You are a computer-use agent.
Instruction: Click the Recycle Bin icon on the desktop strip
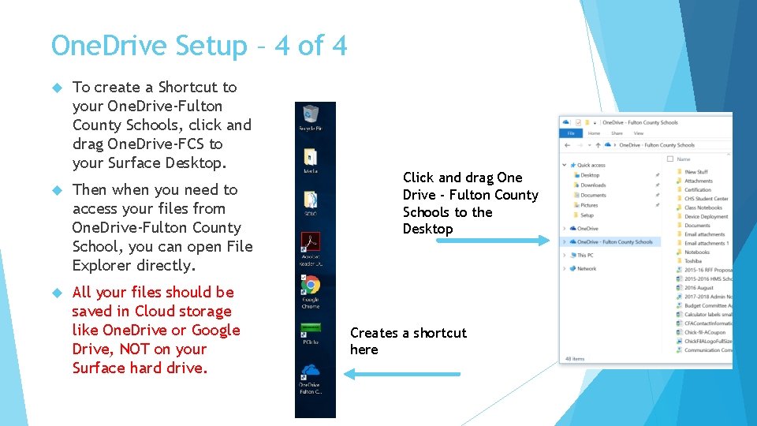[310, 115]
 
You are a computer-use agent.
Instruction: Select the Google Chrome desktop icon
[311, 286]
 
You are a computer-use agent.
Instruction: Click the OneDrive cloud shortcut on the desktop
[310, 372]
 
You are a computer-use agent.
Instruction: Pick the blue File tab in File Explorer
[569, 133]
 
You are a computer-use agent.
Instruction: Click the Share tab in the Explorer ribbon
[617, 133]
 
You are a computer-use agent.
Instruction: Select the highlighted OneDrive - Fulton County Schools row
[615, 242]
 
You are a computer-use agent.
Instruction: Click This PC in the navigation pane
[585, 256]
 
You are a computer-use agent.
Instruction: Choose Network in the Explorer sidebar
[587, 269]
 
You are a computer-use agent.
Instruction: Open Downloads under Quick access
[592, 185]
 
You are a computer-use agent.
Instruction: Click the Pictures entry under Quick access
[589, 205]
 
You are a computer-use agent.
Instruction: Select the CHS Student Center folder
[706, 199]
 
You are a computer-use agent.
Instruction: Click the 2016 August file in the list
[699, 288]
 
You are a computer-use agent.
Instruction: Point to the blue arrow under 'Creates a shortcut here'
[402, 374]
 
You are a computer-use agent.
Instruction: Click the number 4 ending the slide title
[339, 46]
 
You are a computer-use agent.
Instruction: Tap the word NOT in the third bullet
[133, 349]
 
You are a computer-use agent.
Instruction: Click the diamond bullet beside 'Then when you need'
[56, 190]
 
